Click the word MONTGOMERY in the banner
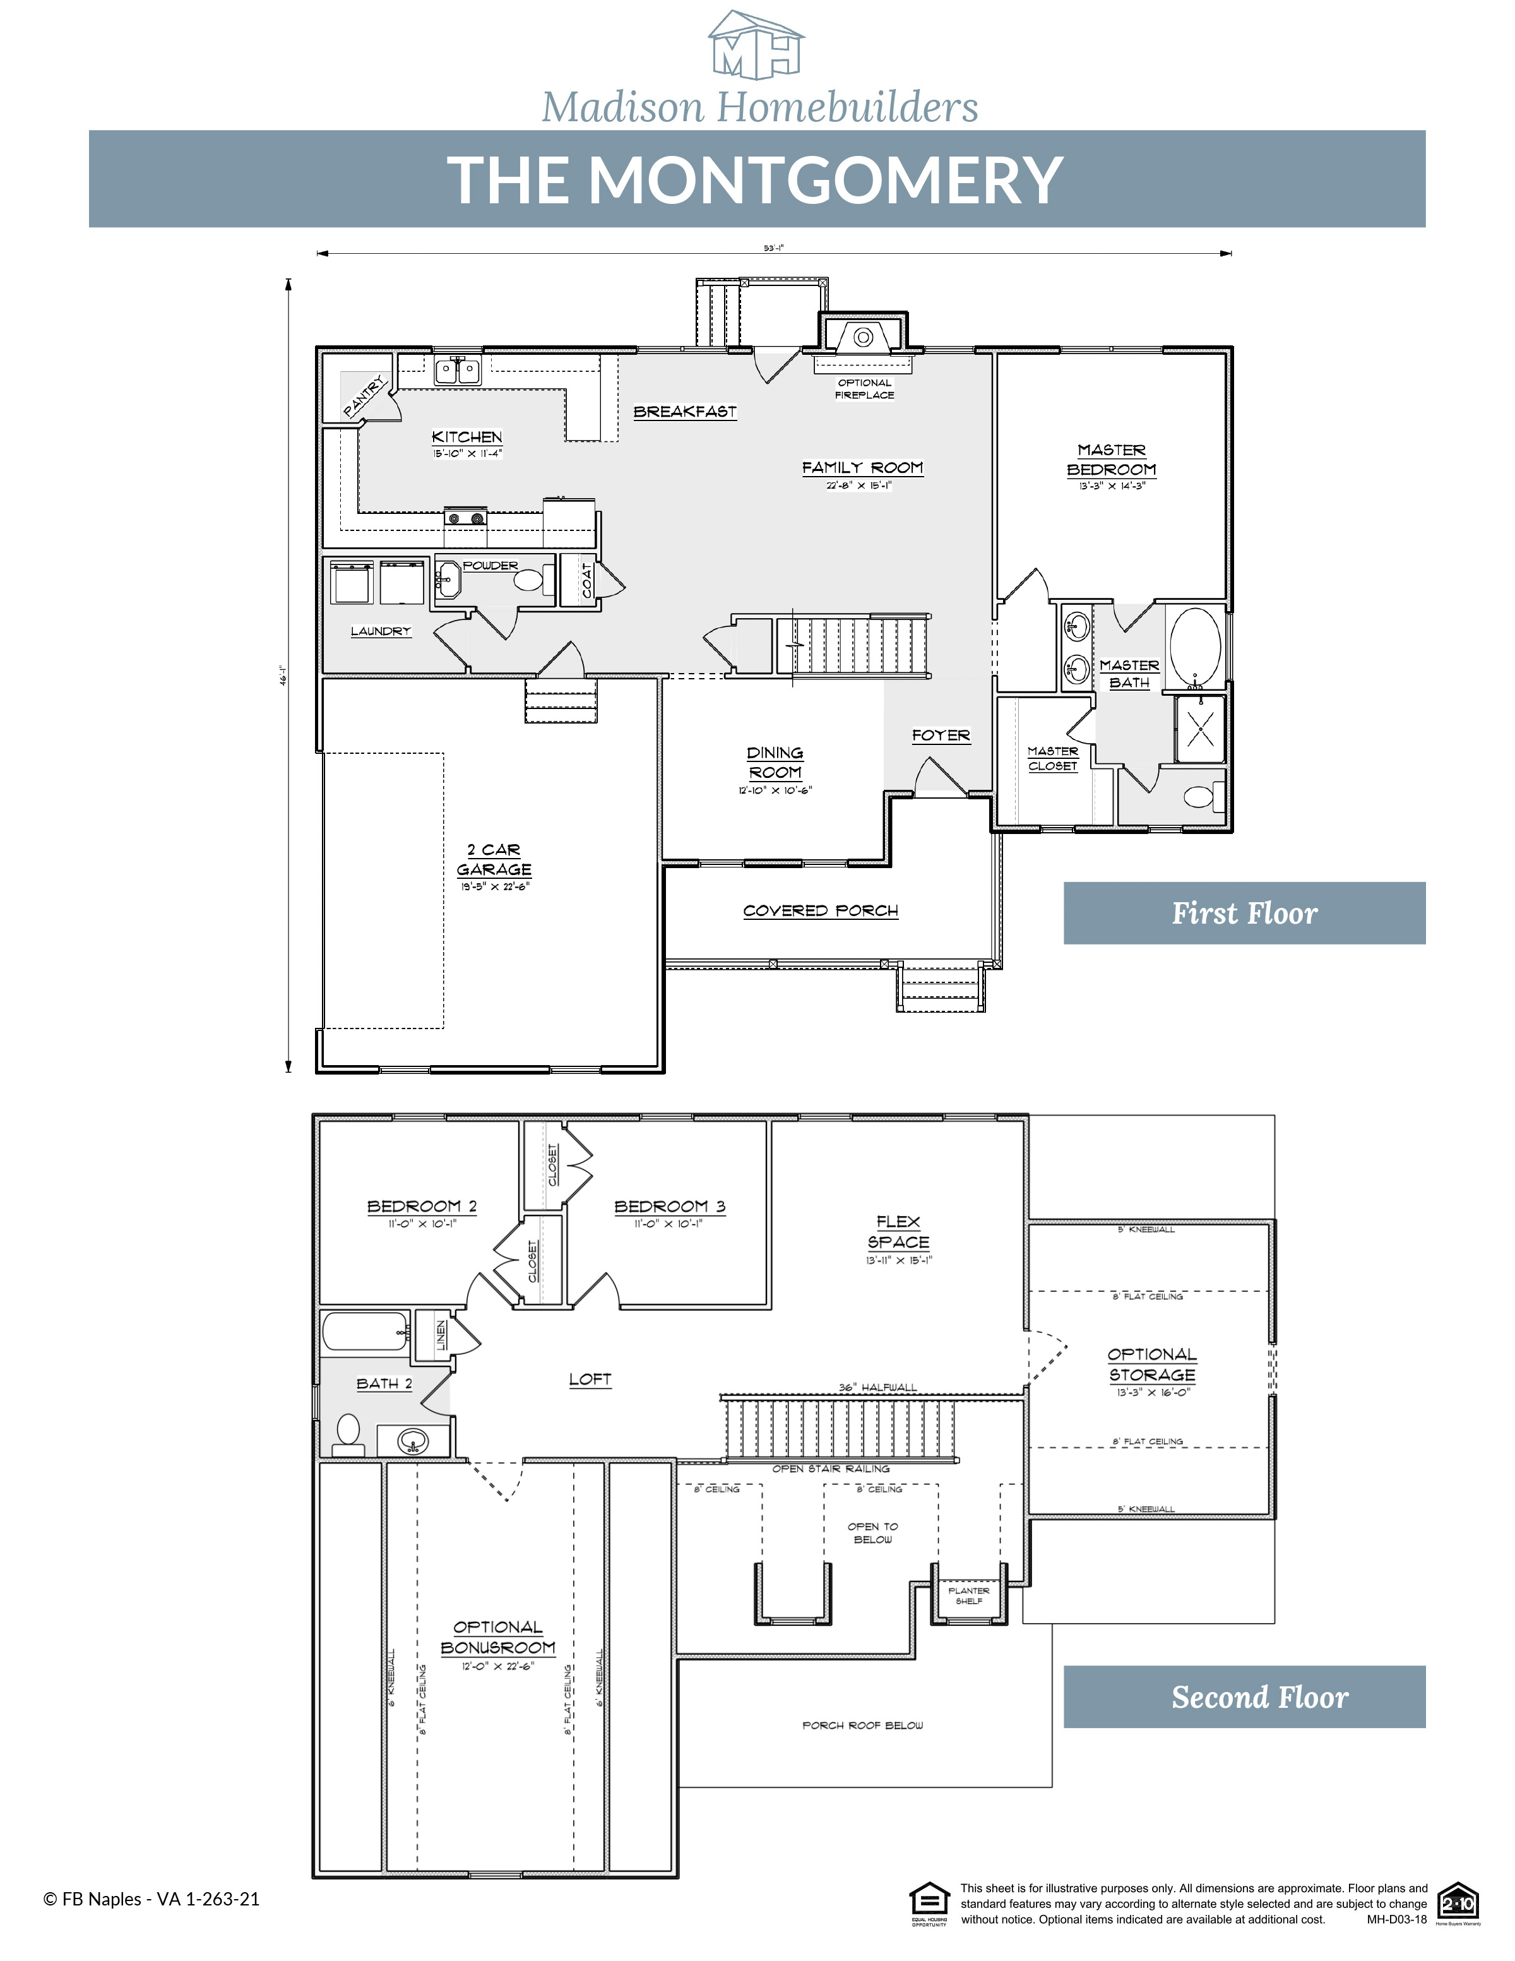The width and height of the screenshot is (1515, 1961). pyautogui.click(x=825, y=179)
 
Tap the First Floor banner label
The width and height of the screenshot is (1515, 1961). pyautogui.click(x=1244, y=913)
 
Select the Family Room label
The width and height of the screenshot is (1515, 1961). pyautogui.click(x=862, y=468)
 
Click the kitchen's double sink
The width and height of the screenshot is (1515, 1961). pyautogui.click(x=458, y=370)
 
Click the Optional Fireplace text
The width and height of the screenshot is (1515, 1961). pyautogui.click(x=864, y=389)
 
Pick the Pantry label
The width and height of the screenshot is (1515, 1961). pyautogui.click(x=364, y=398)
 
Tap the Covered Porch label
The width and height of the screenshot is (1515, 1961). pyautogui.click(x=821, y=910)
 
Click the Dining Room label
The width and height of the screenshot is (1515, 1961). pyautogui.click(x=775, y=762)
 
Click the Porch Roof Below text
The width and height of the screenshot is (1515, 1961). pyautogui.click(x=862, y=1726)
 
